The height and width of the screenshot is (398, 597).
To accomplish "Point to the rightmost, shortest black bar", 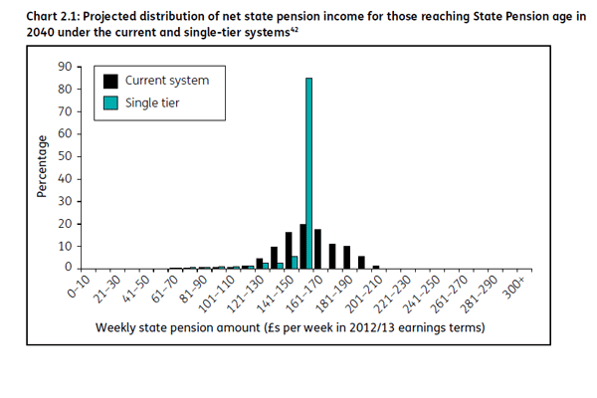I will point(375,267).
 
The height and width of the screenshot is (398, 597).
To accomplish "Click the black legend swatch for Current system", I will point(111,81).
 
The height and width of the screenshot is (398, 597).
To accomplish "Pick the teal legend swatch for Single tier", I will point(111,100).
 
